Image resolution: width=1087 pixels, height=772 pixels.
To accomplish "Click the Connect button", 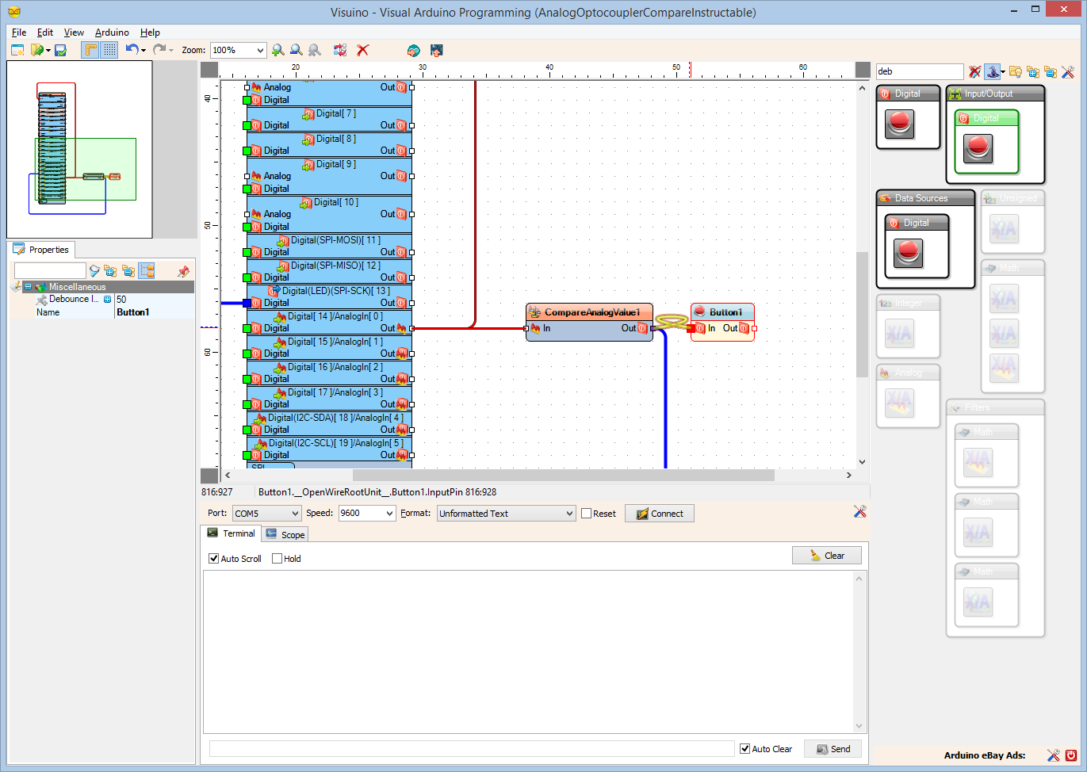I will (x=660, y=514).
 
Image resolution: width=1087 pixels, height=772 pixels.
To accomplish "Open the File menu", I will (x=19, y=32).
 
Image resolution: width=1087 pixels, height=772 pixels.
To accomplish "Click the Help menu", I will (x=150, y=32).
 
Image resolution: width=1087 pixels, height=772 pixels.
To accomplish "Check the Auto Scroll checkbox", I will (x=214, y=559).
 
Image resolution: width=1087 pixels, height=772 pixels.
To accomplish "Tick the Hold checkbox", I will (x=277, y=559).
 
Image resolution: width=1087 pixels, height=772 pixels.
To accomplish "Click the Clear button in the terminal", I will (x=826, y=556).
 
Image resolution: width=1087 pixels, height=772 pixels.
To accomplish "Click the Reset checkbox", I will (x=587, y=514).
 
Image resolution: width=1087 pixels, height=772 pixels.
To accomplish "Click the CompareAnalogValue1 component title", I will (x=591, y=312).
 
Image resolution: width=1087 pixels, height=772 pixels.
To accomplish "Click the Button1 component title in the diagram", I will (x=725, y=312).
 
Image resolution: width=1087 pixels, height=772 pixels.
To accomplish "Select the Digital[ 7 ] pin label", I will (x=335, y=113).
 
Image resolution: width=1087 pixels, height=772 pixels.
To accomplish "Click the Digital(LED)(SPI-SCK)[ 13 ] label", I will (x=335, y=291).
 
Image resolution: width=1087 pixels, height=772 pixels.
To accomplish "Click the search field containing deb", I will (x=918, y=71).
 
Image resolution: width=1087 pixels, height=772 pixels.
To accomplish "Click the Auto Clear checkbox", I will (x=745, y=749).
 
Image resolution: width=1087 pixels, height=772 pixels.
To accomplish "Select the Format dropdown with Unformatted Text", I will (x=506, y=514).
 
